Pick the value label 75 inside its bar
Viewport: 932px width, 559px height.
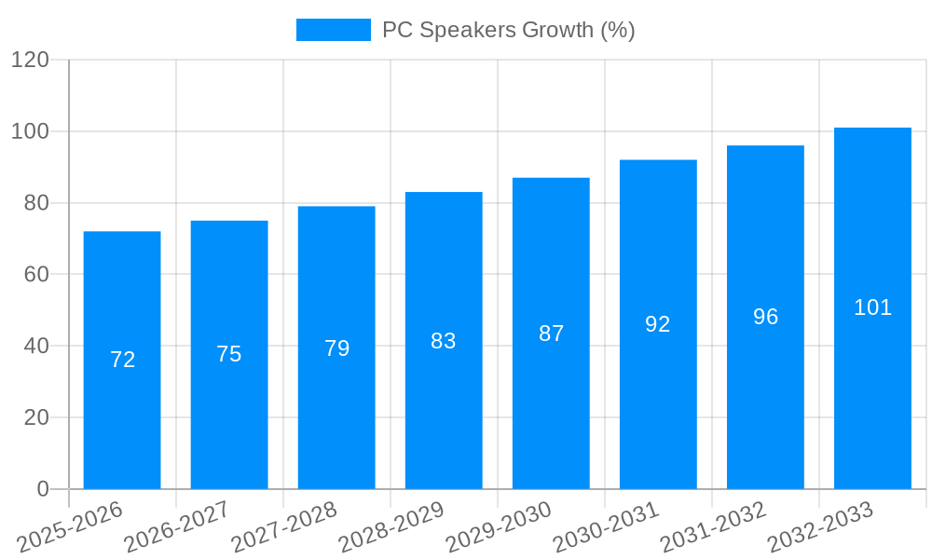229,354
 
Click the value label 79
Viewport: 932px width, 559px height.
336,348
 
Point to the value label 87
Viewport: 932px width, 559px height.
551,334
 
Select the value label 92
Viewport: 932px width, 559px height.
658,324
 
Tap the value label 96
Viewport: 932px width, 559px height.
765,317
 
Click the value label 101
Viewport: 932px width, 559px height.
872,307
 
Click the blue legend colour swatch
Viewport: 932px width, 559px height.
333,30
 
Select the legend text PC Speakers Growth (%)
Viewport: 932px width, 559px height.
508,30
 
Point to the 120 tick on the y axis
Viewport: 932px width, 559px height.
30,61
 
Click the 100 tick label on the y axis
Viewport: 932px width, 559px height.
30,131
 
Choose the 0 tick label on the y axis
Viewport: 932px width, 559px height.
43,489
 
